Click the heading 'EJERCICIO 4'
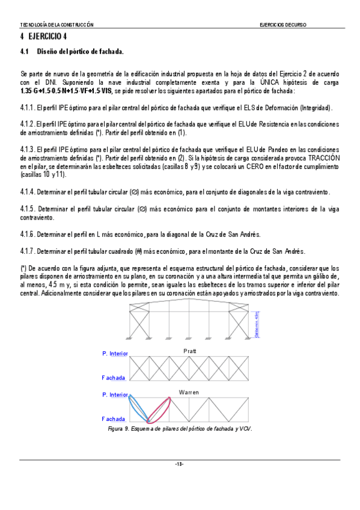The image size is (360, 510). (45, 37)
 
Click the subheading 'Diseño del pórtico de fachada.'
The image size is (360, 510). (81, 52)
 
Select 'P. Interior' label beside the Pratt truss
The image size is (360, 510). (115, 354)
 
